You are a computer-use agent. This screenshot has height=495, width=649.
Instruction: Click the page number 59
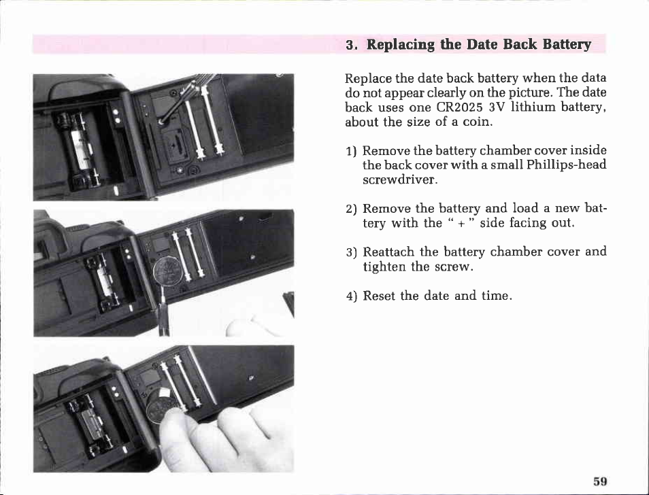coord(600,481)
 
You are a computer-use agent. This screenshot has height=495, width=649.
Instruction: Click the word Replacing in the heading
coord(401,45)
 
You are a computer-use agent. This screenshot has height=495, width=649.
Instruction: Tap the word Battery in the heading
coord(567,44)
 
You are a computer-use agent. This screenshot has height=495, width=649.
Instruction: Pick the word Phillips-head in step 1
coord(566,165)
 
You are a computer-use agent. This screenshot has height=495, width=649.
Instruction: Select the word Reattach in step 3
coord(388,252)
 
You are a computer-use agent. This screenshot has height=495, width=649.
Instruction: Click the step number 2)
coord(352,209)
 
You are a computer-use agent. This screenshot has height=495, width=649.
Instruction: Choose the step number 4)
coord(352,296)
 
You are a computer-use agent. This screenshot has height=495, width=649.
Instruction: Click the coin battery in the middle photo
coord(167,271)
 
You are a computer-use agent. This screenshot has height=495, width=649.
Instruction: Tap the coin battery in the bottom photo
coord(162,406)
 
